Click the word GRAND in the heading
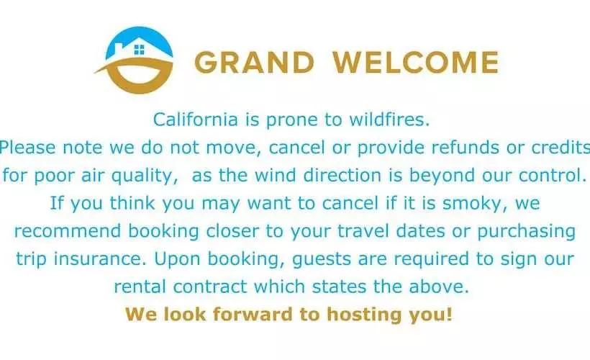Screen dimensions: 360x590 point(255,63)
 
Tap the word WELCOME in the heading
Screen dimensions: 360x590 point(415,63)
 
